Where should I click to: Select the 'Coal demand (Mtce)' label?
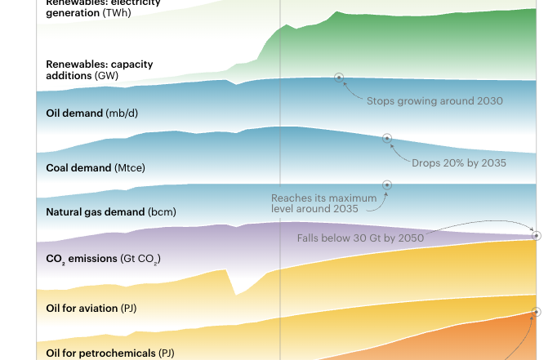[x=96, y=168]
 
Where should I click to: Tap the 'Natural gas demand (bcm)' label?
[x=111, y=212]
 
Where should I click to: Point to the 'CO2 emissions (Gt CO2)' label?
[x=104, y=259]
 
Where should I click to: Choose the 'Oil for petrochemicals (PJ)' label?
[x=110, y=353]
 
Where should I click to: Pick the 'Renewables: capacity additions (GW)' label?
[x=99, y=69]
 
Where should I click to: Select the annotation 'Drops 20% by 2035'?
[x=459, y=163]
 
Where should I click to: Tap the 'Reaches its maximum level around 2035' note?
[x=324, y=203]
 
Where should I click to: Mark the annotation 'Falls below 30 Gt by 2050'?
[x=360, y=238]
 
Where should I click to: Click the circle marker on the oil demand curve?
[x=339, y=78]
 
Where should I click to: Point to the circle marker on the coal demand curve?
[x=387, y=138]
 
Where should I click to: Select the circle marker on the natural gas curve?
[x=387, y=185]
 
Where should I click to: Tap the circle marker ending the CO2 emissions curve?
[x=537, y=236]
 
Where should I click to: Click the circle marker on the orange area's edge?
[x=537, y=312]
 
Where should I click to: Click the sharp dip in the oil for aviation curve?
[x=236, y=293]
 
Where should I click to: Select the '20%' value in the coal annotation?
[x=452, y=163]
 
